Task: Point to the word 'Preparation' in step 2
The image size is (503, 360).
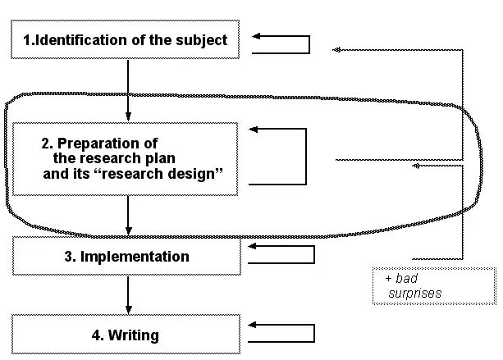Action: [123, 144]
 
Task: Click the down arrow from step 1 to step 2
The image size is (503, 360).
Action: [128, 90]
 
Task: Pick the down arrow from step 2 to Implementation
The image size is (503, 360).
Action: [128, 216]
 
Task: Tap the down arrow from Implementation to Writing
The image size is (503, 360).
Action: [128, 294]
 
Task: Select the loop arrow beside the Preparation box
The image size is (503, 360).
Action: [279, 156]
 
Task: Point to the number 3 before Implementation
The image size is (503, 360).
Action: [69, 257]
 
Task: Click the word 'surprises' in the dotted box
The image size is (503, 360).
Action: [416, 293]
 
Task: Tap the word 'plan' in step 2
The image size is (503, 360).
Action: [160, 159]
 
